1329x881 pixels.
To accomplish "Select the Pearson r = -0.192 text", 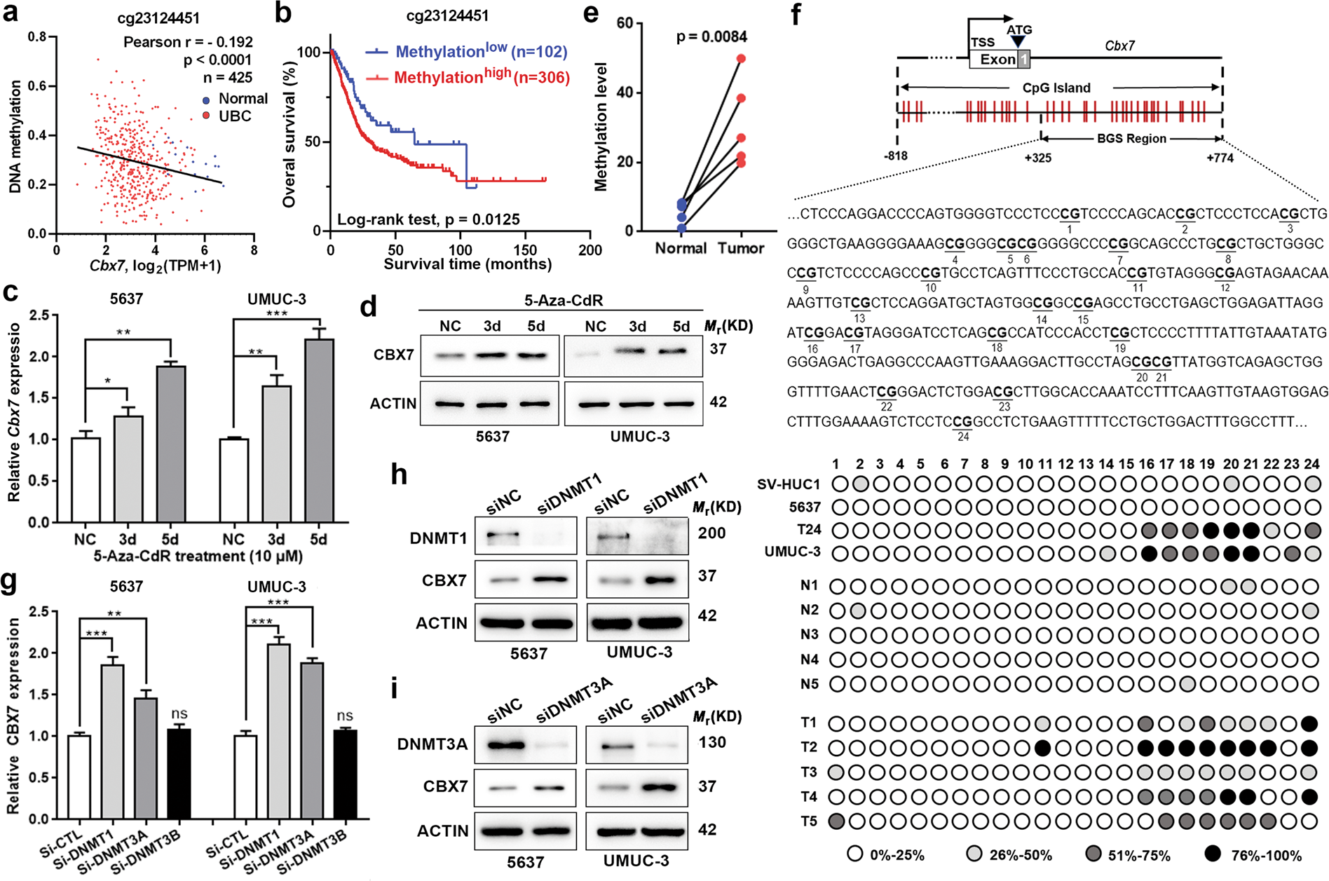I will coord(188,42).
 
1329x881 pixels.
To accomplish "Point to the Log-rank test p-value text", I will coord(428,219).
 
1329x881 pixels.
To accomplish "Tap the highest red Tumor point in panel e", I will coord(741,58).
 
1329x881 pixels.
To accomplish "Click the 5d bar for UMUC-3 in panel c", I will coord(319,430).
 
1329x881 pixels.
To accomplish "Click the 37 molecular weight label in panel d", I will coord(718,348).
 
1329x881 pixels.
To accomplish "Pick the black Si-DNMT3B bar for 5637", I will coord(179,773).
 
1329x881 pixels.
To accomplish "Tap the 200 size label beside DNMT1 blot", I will coord(711,533).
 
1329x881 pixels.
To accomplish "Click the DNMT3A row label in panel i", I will coord(432,744).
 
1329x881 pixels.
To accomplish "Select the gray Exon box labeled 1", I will coord(1024,60).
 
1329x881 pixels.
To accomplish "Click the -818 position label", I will coord(896,156).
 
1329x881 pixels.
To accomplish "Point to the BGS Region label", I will coord(1131,139).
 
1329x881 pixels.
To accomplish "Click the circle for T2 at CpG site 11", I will coord(1042,747).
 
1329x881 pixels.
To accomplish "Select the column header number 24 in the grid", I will coord(1312,464).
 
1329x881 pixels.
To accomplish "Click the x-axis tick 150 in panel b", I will coord(525,250).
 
